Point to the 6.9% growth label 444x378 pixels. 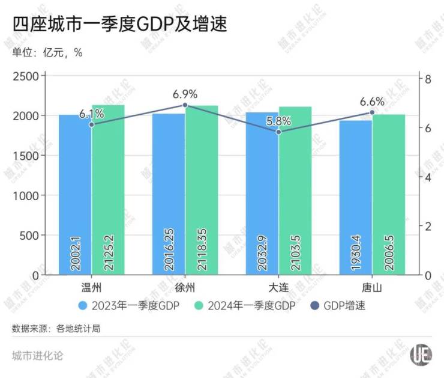tap(185, 94)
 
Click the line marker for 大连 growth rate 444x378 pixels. tap(278, 132)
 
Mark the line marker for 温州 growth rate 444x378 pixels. tap(92, 124)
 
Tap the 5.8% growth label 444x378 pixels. tap(278, 121)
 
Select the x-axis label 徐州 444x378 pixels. tap(185, 287)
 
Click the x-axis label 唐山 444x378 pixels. tap(372, 287)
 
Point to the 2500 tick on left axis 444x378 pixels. tap(26, 76)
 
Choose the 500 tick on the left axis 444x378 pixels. tap(30, 236)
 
